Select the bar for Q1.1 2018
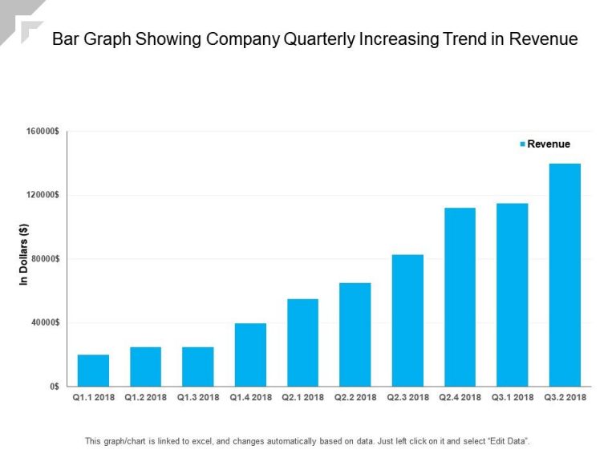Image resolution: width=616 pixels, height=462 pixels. coord(93,371)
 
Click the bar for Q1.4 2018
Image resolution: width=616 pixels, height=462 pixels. coord(250,355)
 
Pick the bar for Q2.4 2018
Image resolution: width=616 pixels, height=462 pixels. coord(460,297)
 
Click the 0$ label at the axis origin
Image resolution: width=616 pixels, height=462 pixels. coord(53,387)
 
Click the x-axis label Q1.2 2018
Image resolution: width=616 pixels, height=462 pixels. coord(145,397)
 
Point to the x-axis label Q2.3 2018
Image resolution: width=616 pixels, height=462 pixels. coord(407,397)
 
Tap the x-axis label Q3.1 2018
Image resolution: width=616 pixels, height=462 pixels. coord(512,397)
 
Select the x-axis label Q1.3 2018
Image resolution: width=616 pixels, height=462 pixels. coord(198,397)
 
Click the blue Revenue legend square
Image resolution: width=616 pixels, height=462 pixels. coord(523,144)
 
